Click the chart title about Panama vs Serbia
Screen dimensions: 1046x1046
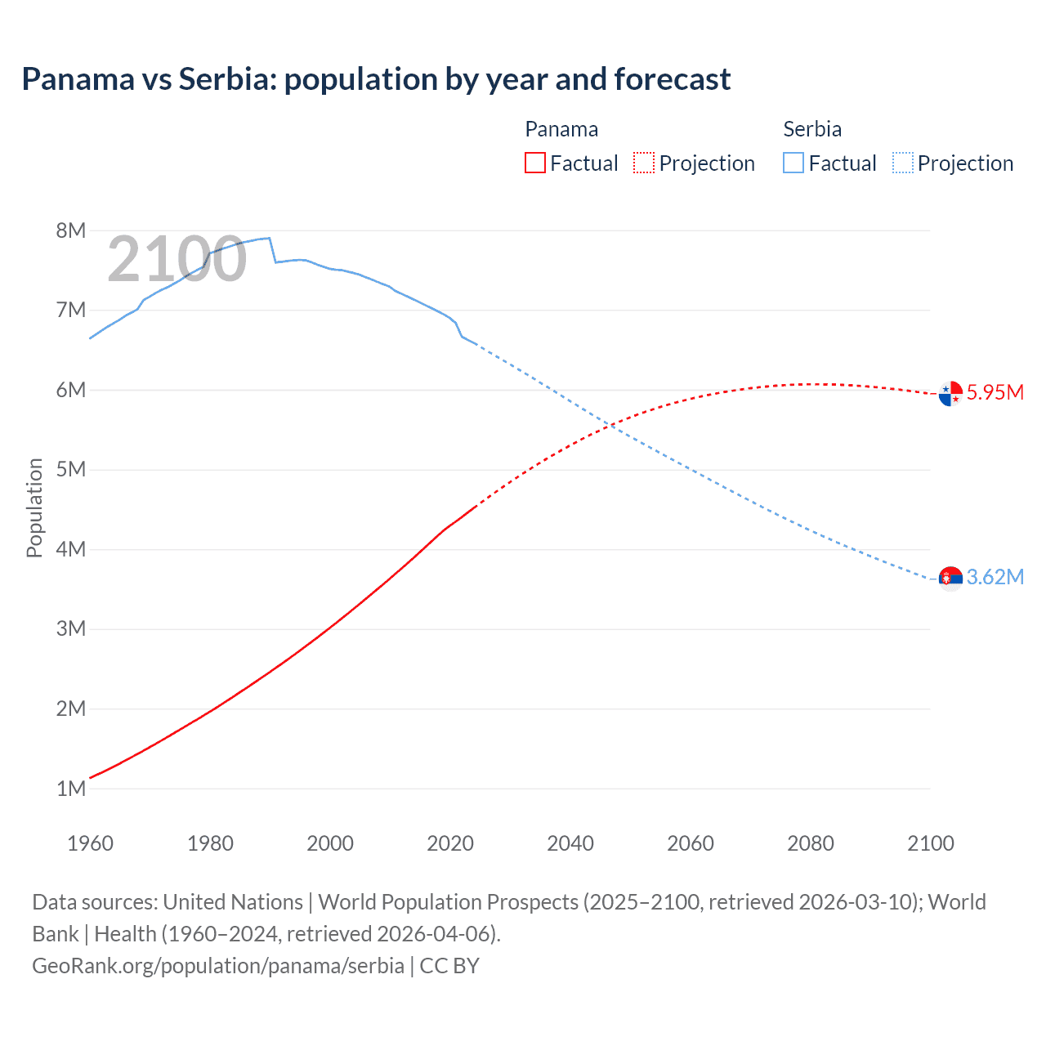coord(376,79)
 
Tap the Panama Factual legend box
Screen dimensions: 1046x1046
coord(534,163)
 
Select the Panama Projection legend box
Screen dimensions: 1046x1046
coord(644,163)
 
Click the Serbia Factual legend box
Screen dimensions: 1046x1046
coord(793,163)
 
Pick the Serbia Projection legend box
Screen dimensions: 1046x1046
coord(902,163)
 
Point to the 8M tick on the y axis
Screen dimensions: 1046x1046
coord(71,230)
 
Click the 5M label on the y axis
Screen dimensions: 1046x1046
coord(71,470)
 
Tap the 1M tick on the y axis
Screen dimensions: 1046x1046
coord(71,789)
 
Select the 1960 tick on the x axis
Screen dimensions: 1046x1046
coord(90,843)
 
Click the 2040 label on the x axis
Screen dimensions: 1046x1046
coord(570,843)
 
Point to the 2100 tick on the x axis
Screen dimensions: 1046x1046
coord(930,843)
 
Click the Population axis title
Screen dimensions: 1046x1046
coord(34,507)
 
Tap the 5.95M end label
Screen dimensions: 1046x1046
coord(995,392)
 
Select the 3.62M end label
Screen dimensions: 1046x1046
coord(995,577)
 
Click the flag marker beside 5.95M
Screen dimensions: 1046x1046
coord(950,394)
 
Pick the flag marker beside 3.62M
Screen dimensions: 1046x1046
coord(950,579)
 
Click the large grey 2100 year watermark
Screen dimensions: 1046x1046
coord(177,259)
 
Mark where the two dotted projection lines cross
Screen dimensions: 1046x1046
coord(610,425)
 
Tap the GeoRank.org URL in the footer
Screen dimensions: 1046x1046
coord(218,965)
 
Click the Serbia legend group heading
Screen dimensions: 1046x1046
coord(812,129)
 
